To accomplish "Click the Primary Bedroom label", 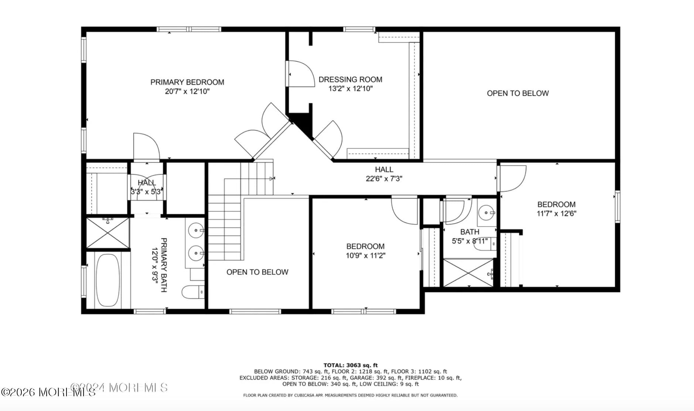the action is [187, 82].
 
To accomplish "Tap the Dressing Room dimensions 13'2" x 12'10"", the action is [350, 89].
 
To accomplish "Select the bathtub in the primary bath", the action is [108, 280].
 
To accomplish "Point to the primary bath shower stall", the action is [108, 233].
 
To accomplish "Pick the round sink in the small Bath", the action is [487, 213].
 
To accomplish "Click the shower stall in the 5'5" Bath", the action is [468, 273].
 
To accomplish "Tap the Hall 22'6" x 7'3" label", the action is [384, 174].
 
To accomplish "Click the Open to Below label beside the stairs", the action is [257, 272].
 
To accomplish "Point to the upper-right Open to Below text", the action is [518, 93].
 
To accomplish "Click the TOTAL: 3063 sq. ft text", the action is [351, 365].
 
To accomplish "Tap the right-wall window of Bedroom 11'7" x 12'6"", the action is [617, 207].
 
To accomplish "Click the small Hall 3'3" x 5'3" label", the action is [147, 187].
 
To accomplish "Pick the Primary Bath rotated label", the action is [159, 265].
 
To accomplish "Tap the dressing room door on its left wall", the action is [300, 74].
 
